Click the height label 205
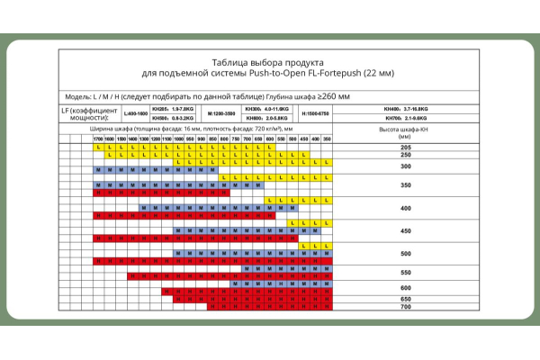(405, 146)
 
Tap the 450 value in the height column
(405, 231)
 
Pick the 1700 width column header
(98, 139)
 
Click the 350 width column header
(327, 139)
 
